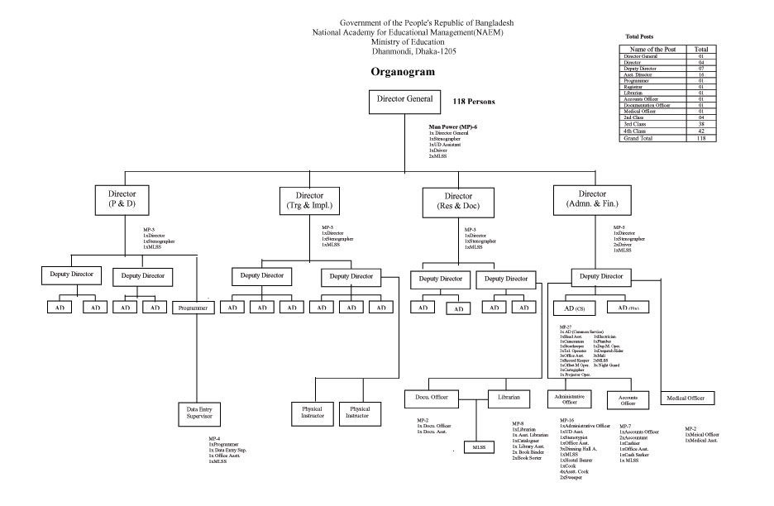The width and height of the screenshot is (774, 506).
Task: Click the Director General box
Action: point(405,103)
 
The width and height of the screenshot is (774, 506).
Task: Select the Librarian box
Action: point(509,398)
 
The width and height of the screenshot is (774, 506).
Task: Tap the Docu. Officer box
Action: point(432,398)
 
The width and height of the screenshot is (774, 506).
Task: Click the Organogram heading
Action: point(404,72)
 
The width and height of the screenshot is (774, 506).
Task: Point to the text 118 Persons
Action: point(474,101)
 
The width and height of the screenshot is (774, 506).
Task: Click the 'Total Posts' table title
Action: point(638,36)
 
